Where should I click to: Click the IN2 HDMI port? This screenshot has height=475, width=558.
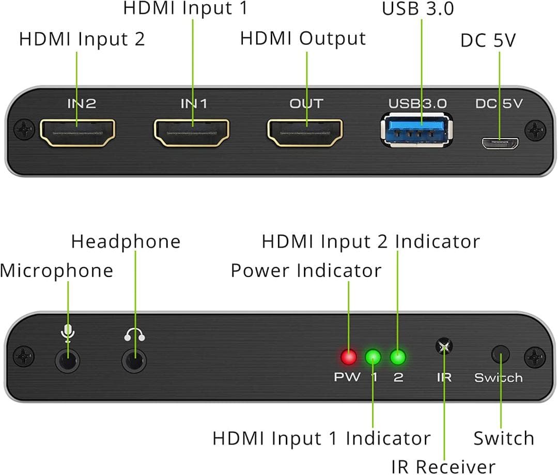[78, 132]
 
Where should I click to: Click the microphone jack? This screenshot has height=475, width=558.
[68, 360]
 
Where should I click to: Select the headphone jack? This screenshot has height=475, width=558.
[134, 360]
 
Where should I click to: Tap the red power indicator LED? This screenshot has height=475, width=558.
[349, 357]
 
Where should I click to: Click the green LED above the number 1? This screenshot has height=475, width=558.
[373, 357]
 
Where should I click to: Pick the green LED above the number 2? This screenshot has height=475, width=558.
[397, 357]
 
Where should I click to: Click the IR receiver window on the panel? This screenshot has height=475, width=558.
[443, 346]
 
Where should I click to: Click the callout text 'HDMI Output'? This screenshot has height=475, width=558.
[303, 39]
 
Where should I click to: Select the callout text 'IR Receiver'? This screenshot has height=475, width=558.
[443, 466]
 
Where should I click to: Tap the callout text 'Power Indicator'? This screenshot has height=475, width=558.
[306, 270]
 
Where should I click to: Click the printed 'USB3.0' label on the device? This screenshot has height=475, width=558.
[417, 103]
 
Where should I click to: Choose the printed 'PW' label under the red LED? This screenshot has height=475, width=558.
[347, 377]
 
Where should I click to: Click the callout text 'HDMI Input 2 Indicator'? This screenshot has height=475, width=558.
[370, 241]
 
